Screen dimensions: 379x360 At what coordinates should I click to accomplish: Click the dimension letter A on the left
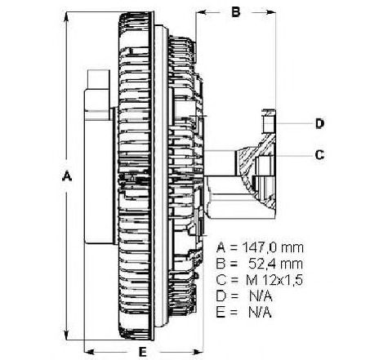(67, 176)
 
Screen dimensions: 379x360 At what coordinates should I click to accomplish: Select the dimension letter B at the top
(236, 12)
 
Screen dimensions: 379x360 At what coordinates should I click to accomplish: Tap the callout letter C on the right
(319, 155)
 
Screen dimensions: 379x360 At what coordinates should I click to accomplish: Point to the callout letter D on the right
(319, 123)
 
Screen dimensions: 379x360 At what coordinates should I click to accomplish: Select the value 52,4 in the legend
(261, 264)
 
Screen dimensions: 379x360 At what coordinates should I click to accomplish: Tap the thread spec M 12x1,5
(274, 280)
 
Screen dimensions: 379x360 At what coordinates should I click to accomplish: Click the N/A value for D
(261, 296)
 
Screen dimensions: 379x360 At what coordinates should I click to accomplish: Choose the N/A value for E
(260, 313)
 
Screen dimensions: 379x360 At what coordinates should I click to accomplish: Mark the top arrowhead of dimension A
(66, 18)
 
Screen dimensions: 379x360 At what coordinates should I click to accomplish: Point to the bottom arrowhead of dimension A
(66, 334)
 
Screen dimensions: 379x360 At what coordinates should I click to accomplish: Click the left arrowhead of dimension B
(202, 12)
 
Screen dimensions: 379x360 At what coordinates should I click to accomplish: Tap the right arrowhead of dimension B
(270, 12)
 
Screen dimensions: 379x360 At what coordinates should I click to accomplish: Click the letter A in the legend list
(221, 247)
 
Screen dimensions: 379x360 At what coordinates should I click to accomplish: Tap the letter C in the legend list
(221, 280)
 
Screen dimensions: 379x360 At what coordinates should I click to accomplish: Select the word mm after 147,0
(292, 248)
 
